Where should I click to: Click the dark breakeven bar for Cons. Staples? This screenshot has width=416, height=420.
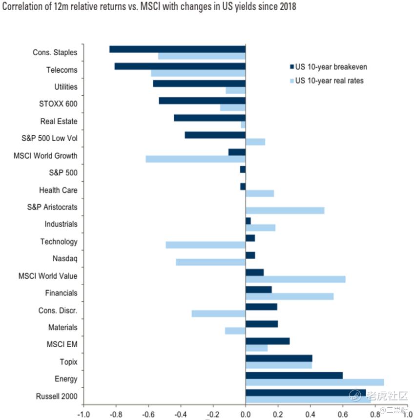point(177,49)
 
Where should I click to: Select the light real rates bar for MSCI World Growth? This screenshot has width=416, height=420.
point(195,159)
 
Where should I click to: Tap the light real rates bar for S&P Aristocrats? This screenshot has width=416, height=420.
point(285,210)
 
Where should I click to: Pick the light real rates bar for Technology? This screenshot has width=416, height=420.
point(206,245)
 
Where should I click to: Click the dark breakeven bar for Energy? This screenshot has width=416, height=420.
point(294,375)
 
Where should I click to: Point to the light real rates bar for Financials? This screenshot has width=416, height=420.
point(290,296)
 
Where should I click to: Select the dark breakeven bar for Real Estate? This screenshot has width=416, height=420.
point(209,118)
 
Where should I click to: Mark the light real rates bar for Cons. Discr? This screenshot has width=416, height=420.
point(218,314)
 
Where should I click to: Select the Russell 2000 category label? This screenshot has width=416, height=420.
point(57,396)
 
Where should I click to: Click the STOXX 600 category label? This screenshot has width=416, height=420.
point(58,104)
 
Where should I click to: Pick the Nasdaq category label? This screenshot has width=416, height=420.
point(65,259)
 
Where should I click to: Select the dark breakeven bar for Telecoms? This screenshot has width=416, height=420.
point(180,66)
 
